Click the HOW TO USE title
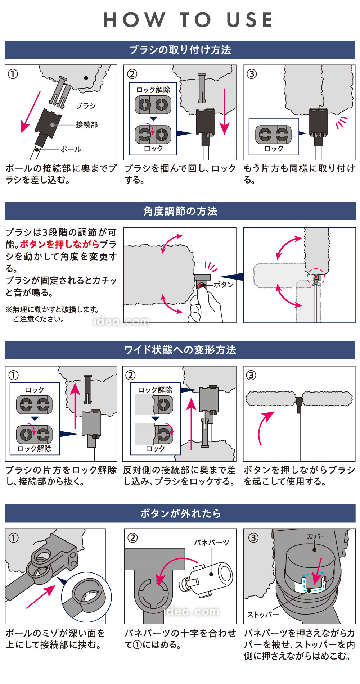pyautogui.click(x=188, y=20)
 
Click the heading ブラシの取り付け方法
pyautogui.click(x=180, y=50)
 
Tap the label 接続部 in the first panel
pyautogui.click(x=86, y=124)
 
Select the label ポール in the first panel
pyautogui.click(x=71, y=149)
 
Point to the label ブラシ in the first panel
pyautogui.click(x=86, y=105)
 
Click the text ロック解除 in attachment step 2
pyautogui.click(x=153, y=90)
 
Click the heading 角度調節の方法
pyautogui.click(x=180, y=211)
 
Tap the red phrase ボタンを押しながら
pyautogui.click(x=60, y=244)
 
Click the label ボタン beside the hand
pyautogui.click(x=224, y=285)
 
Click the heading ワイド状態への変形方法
pyautogui.click(x=180, y=350)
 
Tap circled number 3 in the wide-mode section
pyautogui.click(x=251, y=375)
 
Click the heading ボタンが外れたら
pyautogui.click(x=180, y=513)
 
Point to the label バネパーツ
pyautogui.click(x=211, y=543)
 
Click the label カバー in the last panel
pyautogui.click(x=317, y=536)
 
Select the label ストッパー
pyautogui.click(x=263, y=615)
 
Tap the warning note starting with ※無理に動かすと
pyautogui.click(x=52, y=314)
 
